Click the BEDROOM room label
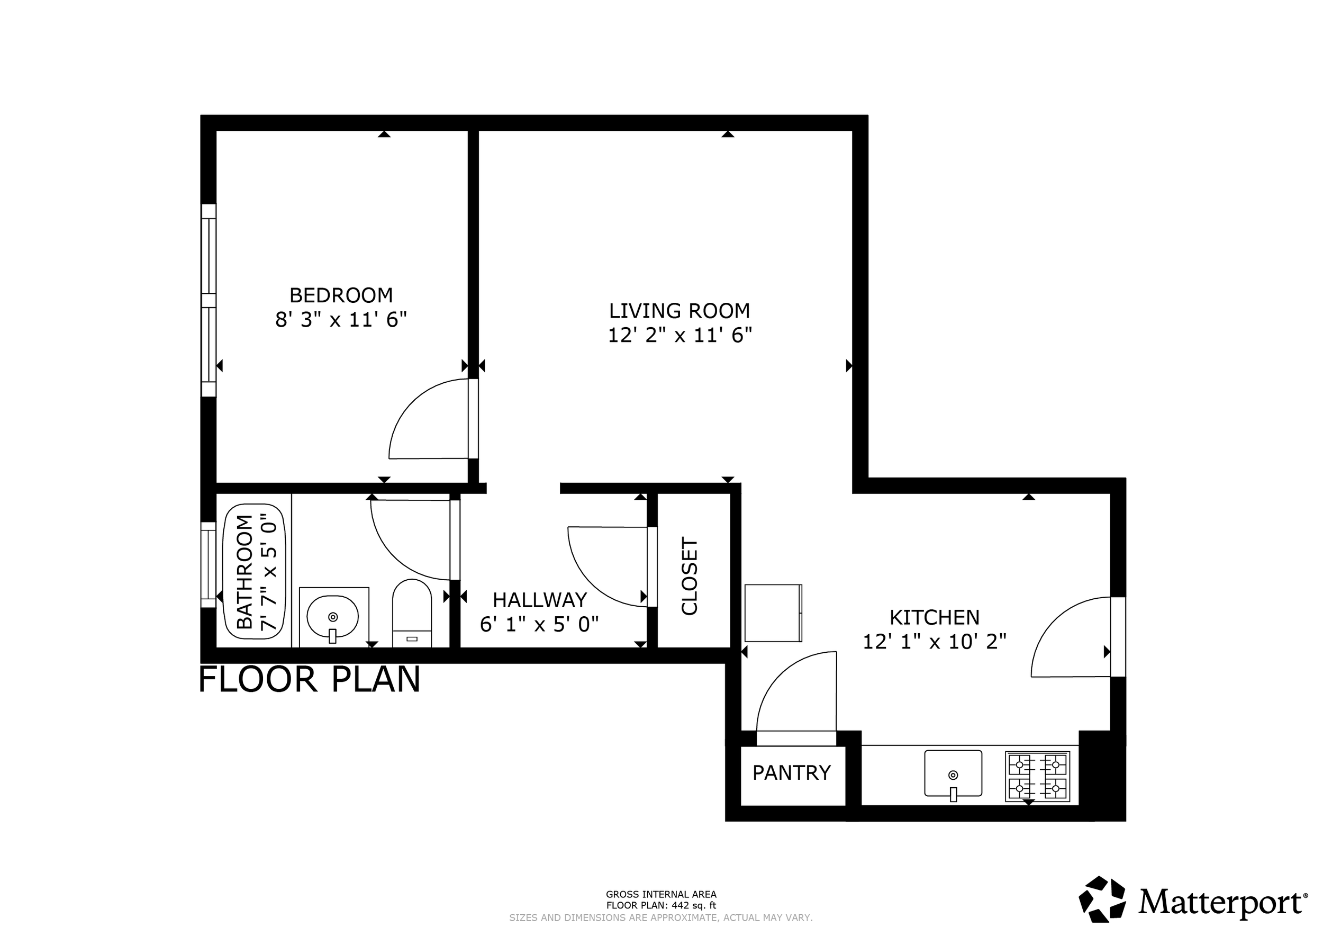tap(341, 295)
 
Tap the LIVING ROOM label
tap(679, 311)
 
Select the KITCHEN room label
tap(934, 618)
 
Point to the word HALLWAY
tap(539, 600)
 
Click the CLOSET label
tap(690, 577)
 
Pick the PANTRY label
tap(791, 773)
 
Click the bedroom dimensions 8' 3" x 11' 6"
tap(341, 319)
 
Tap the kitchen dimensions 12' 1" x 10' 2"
tap(934, 642)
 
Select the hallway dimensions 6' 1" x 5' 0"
tap(539, 624)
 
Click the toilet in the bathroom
tap(412, 613)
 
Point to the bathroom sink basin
tap(332, 617)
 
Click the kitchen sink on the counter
tap(953, 773)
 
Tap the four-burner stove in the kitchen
tap(1037, 776)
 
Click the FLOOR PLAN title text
tap(310, 680)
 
